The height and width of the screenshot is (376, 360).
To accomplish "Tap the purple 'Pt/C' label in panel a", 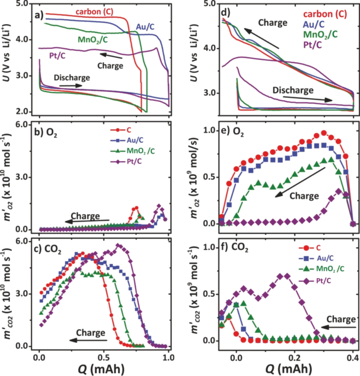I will pyautogui.click(x=57, y=56).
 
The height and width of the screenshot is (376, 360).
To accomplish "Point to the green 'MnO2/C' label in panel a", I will pyautogui.click(x=94, y=39).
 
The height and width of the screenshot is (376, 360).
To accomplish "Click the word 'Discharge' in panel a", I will pyautogui.click(x=71, y=78).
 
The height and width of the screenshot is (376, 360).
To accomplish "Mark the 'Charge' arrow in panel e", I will pyautogui.click(x=293, y=188).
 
